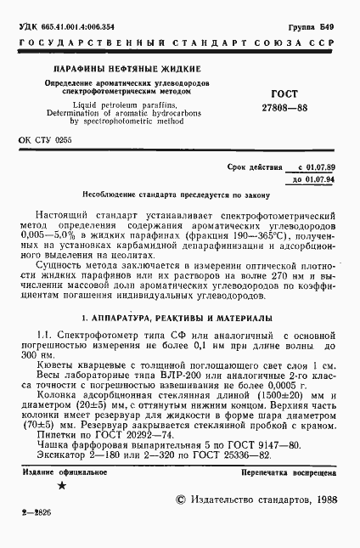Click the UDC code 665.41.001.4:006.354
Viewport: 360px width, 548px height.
click(x=76, y=28)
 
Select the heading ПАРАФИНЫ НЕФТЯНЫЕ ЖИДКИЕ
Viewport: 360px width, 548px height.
click(x=127, y=67)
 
